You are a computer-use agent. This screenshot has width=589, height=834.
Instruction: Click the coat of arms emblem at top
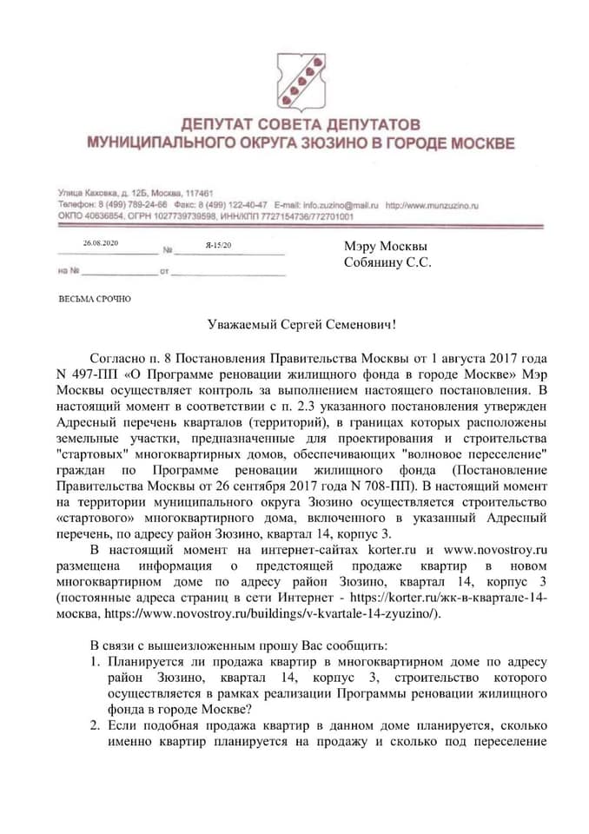click(295, 76)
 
